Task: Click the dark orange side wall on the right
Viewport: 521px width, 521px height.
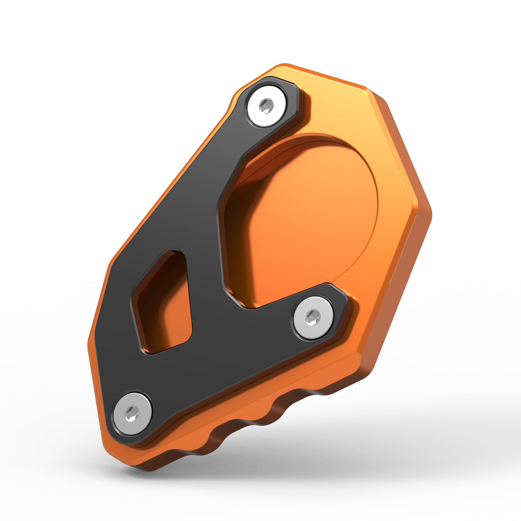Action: coord(407,293)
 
